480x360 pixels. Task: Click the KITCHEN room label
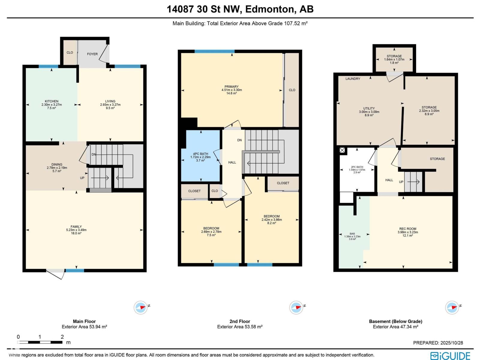(52, 101)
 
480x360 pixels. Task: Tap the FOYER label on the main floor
(92, 54)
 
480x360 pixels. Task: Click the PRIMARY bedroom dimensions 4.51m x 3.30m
(232, 90)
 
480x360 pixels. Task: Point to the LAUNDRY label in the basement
(353, 79)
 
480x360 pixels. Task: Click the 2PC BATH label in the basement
(357, 167)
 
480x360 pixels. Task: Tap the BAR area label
(352, 234)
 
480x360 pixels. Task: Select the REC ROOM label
(408, 229)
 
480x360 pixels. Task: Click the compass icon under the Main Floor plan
(140, 307)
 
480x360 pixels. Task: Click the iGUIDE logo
(450, 356)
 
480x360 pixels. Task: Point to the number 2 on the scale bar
(62, 337)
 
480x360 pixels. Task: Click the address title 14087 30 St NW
(240, 9)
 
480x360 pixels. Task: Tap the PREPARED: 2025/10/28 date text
(438, 343)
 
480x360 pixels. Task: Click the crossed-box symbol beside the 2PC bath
(342, 150)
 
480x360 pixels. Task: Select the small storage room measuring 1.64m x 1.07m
(394, 59)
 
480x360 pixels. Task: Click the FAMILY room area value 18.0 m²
(76, 233)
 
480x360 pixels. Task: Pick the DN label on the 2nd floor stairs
(239, 140)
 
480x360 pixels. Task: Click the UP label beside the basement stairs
(401, 182)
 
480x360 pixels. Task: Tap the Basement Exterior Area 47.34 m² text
(395, 327)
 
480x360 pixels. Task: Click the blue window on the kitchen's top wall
(48, 67)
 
